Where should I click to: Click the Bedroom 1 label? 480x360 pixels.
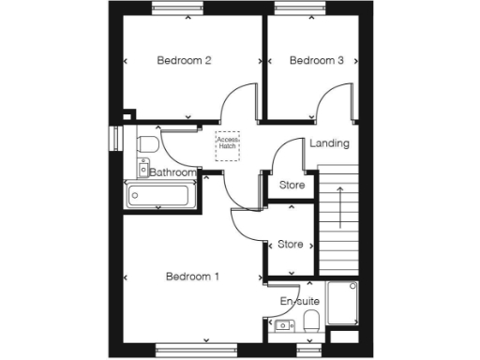(192, 277)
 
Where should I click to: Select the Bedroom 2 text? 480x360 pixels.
(184, 61)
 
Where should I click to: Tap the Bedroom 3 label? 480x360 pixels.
(316, 61)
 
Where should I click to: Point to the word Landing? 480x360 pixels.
(329, 143)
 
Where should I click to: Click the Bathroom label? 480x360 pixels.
(173, 172)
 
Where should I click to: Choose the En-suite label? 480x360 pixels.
(300, 301)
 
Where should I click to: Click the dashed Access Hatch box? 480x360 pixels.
(228, 144)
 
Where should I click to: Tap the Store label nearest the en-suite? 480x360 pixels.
(291, 245)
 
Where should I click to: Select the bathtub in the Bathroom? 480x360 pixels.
(161, 195)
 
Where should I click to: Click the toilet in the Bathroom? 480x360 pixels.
(145, 143)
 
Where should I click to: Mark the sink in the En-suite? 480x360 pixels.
(282, 324)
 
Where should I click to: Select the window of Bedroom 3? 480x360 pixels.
(302, 10)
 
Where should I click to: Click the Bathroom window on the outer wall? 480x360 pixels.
(115, 137)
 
